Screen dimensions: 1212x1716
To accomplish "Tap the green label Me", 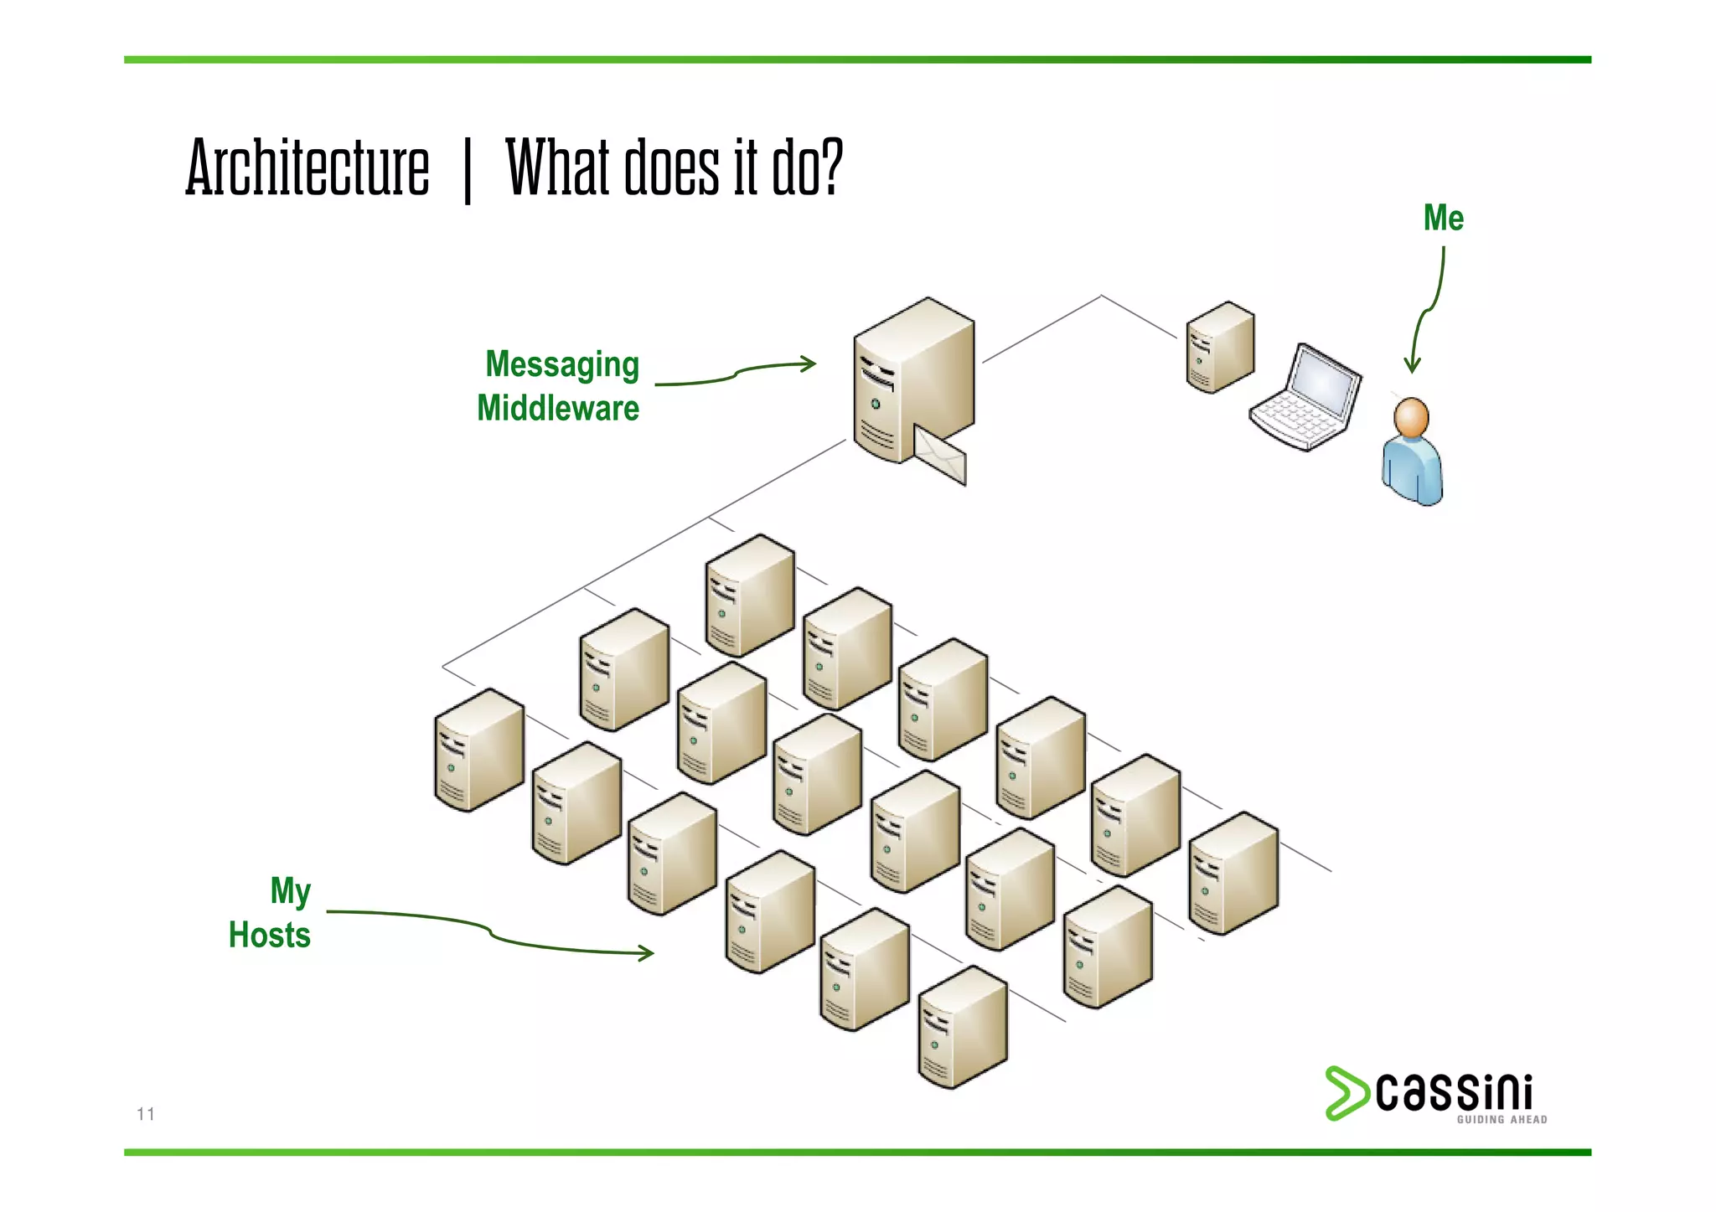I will click(x=1443, y=219).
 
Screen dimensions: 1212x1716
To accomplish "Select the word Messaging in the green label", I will click(x=562, y=365).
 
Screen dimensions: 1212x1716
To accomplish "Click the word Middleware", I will click(x=558, y=409).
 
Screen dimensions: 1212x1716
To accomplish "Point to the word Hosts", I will click(x=270, y=935).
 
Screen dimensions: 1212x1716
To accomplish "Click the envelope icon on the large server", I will click(x=940, y=456).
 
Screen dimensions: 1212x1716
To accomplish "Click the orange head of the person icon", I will click(x=1411, y=417).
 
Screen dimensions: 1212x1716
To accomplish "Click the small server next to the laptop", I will click(x=1220, y=348).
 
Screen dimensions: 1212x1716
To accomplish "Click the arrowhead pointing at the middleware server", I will click(x=809, y=364).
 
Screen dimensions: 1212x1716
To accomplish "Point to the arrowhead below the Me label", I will click(x=1413, y=365).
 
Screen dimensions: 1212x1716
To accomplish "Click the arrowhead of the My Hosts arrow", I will click(x=647, y=953).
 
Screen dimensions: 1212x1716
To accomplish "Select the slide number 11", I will click(x=146, y=1114).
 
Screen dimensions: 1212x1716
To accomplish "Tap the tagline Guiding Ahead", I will click(x=1501, y=1120).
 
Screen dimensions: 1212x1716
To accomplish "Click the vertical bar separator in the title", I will click(x=468, y=172).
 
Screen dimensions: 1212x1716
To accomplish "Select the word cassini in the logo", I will click(x=1455, y=1092).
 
